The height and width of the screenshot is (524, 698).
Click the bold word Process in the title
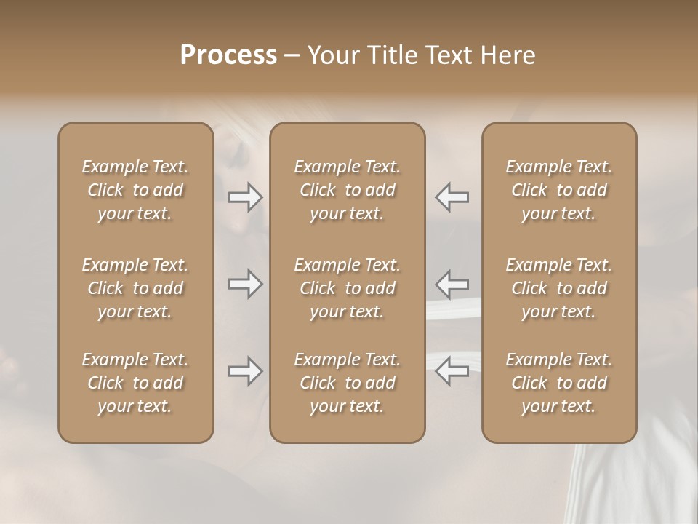(x=228, y=55)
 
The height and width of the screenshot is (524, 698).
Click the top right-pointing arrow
(x=245, y=196)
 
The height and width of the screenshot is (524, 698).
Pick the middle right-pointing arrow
(x=245, y=283)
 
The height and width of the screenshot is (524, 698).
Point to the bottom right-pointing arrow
(x=245, y=371)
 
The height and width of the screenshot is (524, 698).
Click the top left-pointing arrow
(x=452, y=196)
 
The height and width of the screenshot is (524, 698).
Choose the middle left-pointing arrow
(x=452, y=283)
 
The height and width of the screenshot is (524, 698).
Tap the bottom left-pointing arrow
(x=452, y=371)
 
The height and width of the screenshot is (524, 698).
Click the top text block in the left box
(x=135, y=190)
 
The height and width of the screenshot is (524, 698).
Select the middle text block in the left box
(x=135, y=288)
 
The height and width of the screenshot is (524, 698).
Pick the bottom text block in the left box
(x=135, y=383)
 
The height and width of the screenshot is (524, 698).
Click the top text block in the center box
(x=348, y=190)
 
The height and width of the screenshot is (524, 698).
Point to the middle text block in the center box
(x=348, y=288)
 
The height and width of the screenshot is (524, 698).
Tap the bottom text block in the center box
(x=348, y=383)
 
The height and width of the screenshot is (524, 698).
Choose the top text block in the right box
(x=559, y=190)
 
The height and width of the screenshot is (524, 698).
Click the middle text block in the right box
(x=559, y=288)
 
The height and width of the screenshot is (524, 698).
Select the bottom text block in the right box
(x=559, y=383)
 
